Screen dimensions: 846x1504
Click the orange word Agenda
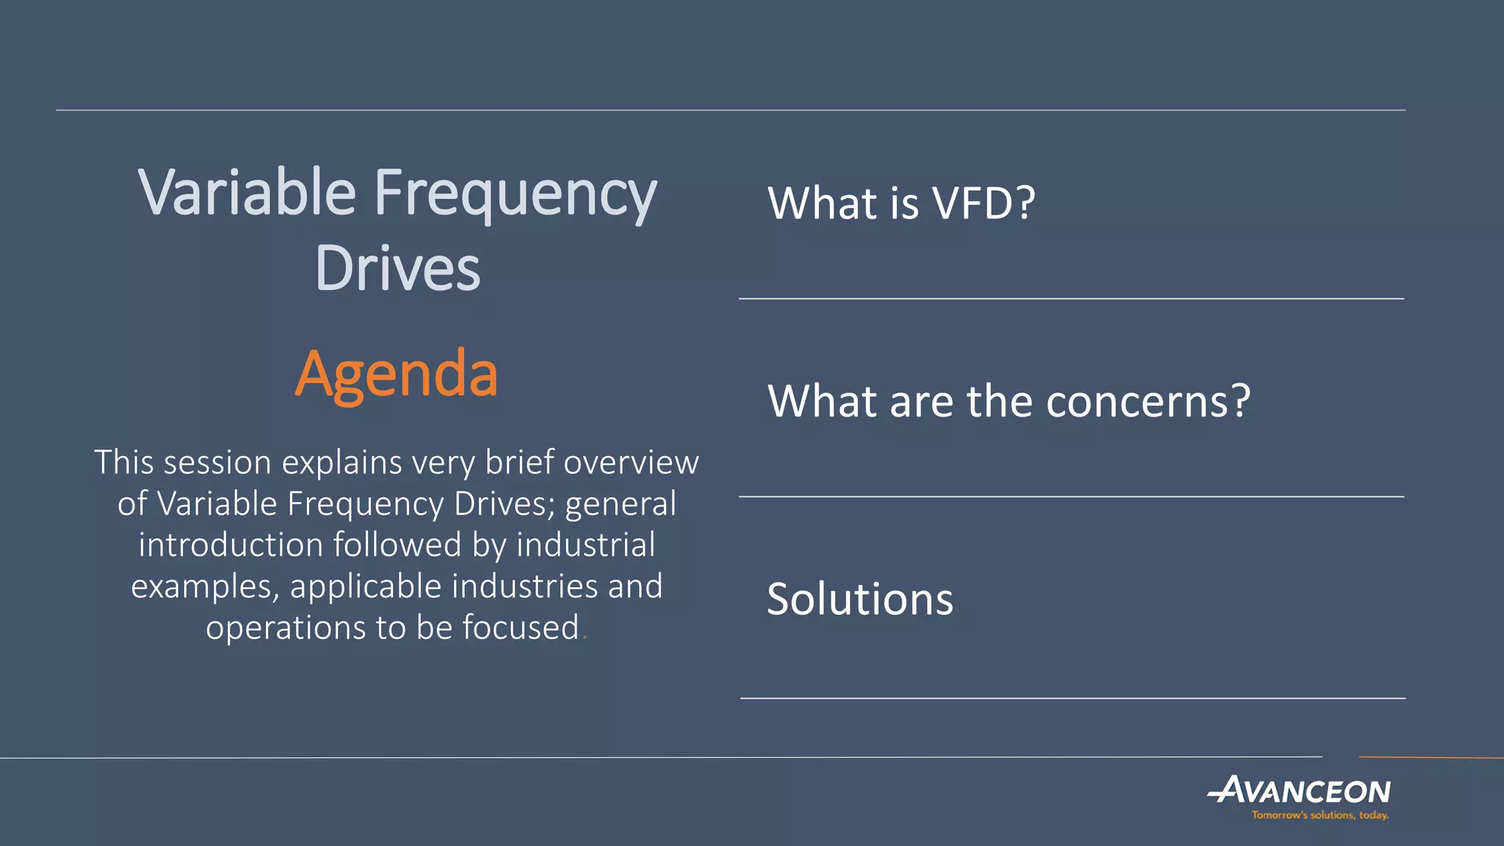396,375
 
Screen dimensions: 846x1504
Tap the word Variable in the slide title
247,193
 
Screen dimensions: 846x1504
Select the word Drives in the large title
397,269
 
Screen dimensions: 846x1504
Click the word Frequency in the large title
515,195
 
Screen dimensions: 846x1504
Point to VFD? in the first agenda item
983,203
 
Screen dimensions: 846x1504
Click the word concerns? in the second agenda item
1148,402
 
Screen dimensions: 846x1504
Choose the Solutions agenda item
860,599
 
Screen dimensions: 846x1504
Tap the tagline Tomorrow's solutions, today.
1320,815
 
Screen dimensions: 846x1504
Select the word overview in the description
631,463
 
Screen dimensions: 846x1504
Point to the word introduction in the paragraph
231,546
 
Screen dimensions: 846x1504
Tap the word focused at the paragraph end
521,628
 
